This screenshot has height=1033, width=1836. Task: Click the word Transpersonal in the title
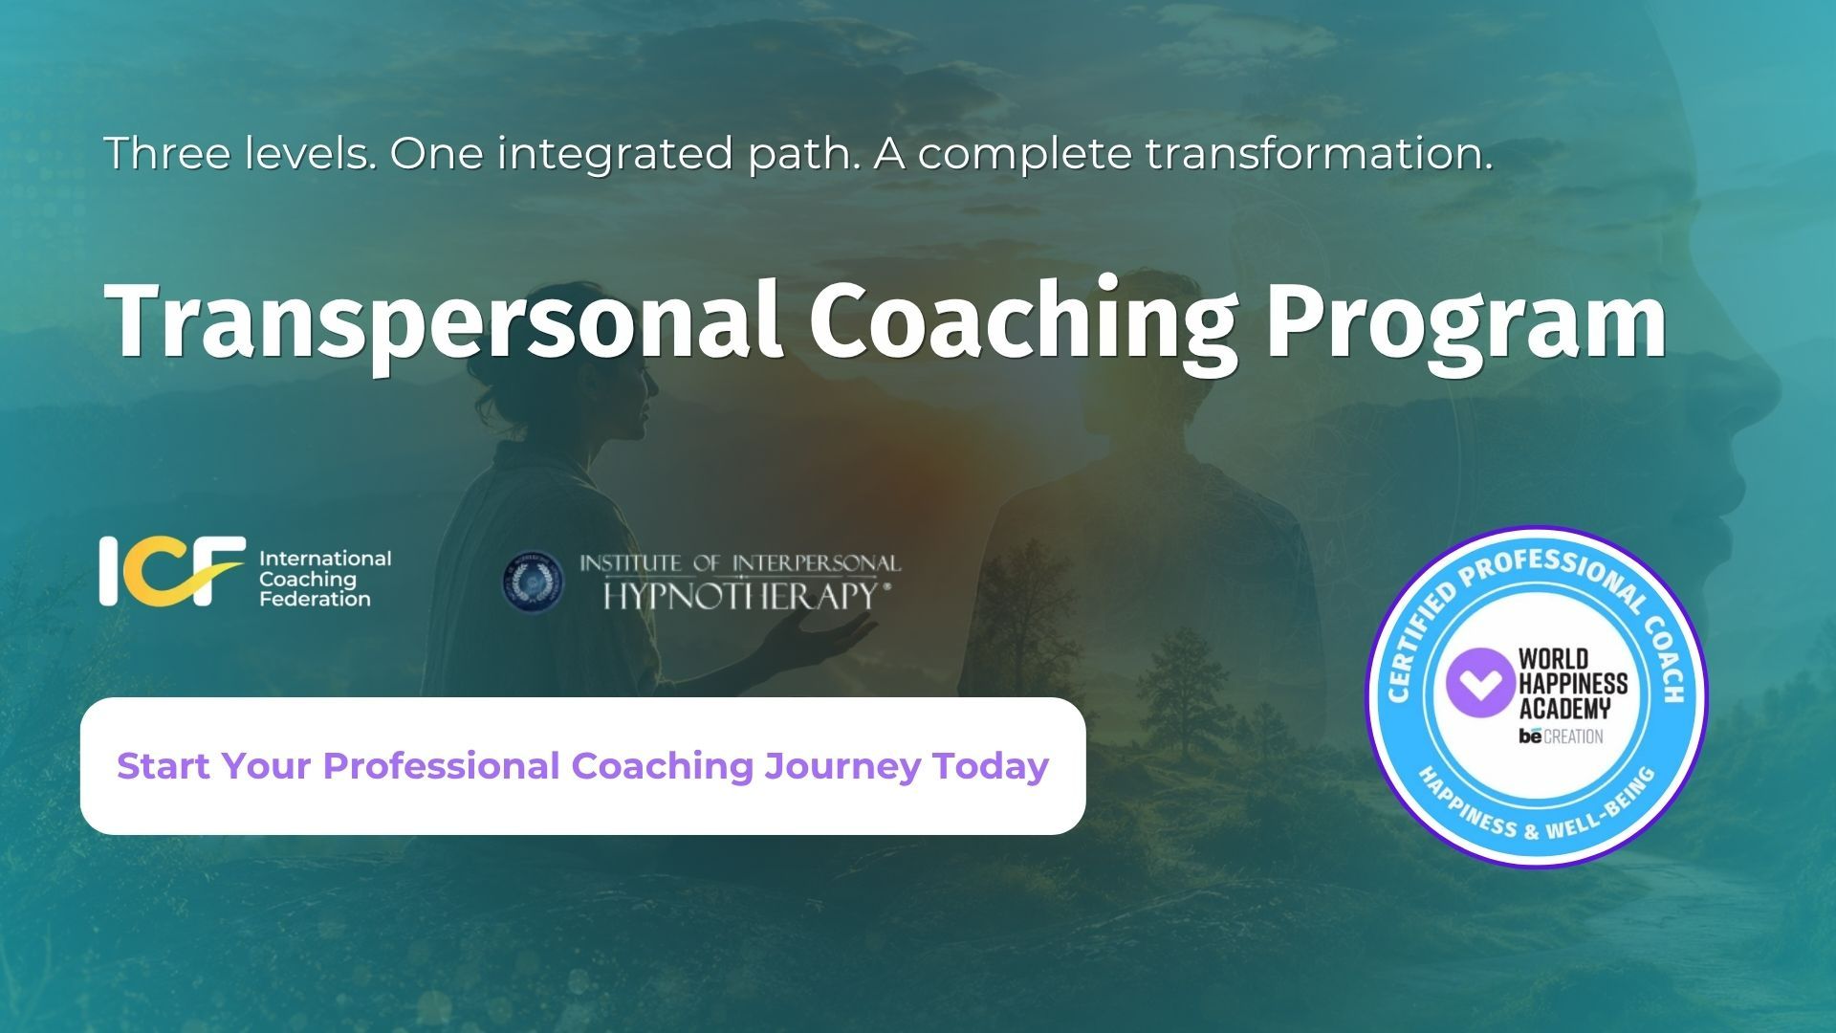coord(445,320)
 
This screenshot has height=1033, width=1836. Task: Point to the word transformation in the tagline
coord(1320,153)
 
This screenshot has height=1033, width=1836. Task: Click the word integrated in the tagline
coord(615,155)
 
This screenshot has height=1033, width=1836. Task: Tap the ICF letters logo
coord(172,571)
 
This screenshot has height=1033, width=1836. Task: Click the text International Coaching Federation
coord(325,579)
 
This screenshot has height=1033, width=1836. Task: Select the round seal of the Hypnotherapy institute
coord(534,582)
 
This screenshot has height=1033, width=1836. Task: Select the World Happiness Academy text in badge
coord(1572,684)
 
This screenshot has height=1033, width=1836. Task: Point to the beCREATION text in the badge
coord(1561,736)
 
